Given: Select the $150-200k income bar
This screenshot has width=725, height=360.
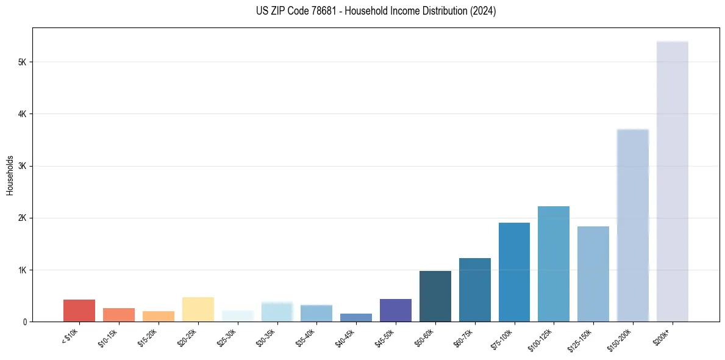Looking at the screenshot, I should tap(633, 225).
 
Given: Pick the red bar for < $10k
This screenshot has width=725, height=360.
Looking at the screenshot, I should tap(79, 311).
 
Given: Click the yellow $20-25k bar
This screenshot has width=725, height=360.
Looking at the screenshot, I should tap(198, 309).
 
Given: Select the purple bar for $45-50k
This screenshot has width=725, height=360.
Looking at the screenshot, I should tap(396, 310).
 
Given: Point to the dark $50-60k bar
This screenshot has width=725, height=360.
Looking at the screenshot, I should tap(435, 296).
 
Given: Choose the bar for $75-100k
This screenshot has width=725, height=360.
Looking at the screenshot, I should tap(514, 272).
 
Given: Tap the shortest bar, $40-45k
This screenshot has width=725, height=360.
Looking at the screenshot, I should tap(356, 317).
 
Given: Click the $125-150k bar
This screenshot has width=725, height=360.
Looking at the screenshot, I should tap(593, 274).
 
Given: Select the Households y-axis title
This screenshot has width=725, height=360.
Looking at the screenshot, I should tap(10, 175).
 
